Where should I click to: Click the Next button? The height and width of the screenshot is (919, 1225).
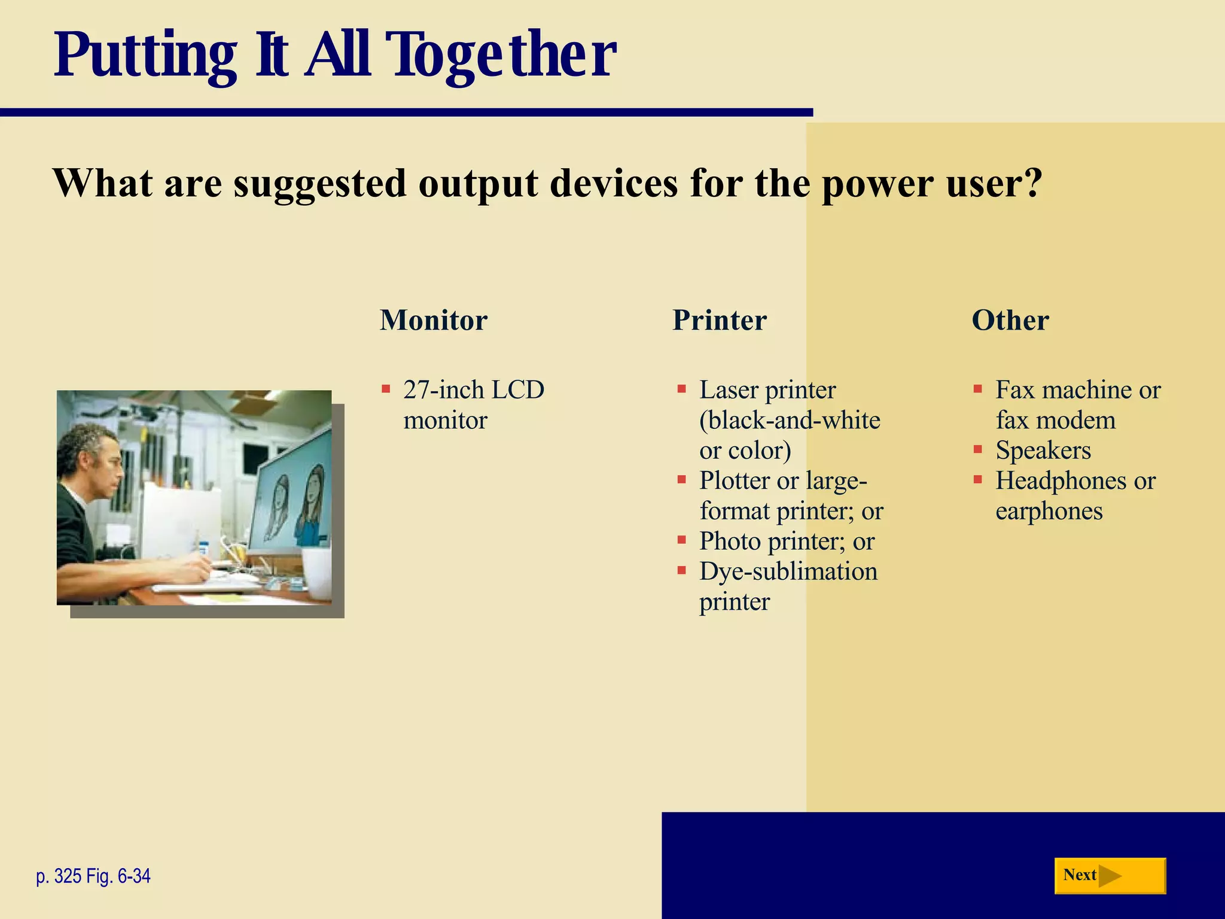click(x=1110, y=876)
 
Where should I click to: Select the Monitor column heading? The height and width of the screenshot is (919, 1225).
click(x=434, y=320)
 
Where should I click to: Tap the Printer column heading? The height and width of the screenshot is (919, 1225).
click(x=720, y=320)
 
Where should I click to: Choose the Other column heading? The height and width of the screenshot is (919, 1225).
click(x=1010, y=320)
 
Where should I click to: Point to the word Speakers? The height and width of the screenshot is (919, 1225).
click(x=1043, y=451)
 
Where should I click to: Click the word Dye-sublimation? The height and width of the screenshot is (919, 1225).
click(x=788, y=571)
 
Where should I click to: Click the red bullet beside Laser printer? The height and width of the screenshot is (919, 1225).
click(x=681, y=389)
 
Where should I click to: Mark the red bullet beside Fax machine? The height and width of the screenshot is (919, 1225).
click(x=977, y=389)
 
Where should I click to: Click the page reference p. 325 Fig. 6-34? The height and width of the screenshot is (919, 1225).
click(x=93, y=877)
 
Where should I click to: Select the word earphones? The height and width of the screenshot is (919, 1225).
click(x=1049, y=512)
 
